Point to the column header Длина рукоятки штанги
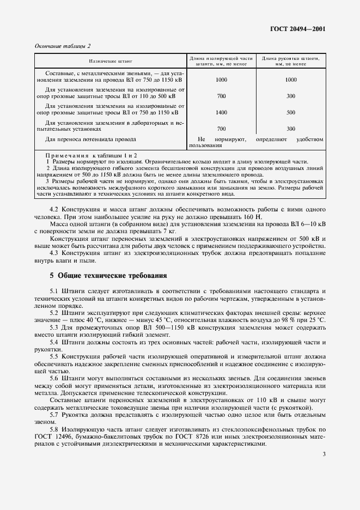(x=290, y=60)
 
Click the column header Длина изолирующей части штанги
(x=221, y=60)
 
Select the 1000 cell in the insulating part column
(x=221, y=80)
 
